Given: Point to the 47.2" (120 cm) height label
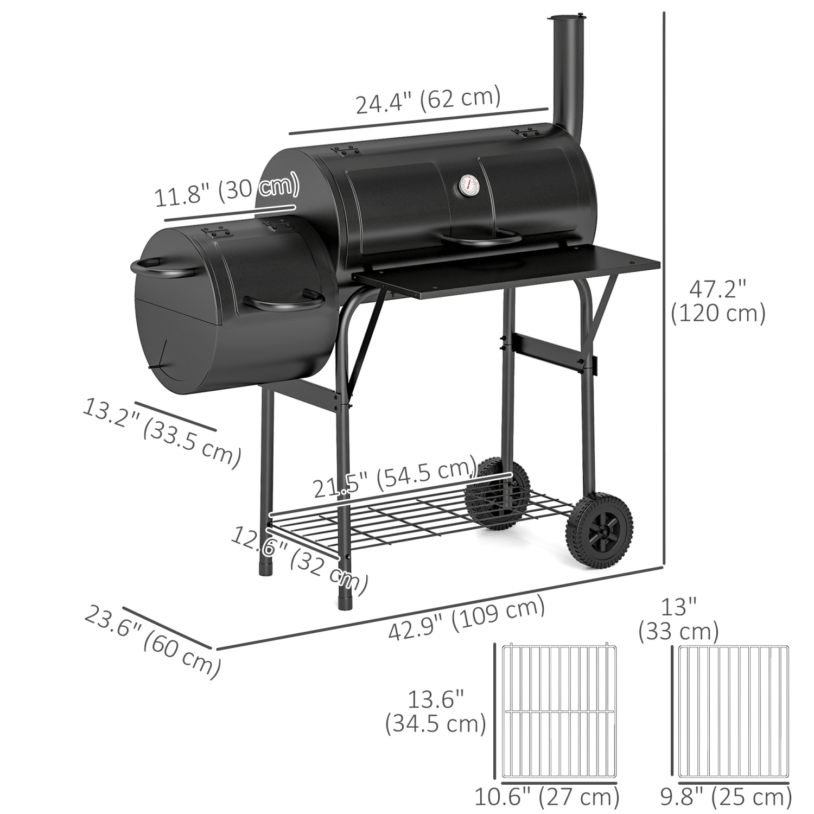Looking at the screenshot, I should pyautogui.click(x=717, y=301).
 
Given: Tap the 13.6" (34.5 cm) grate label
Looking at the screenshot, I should pyautogui.click(x=435, y=713).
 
